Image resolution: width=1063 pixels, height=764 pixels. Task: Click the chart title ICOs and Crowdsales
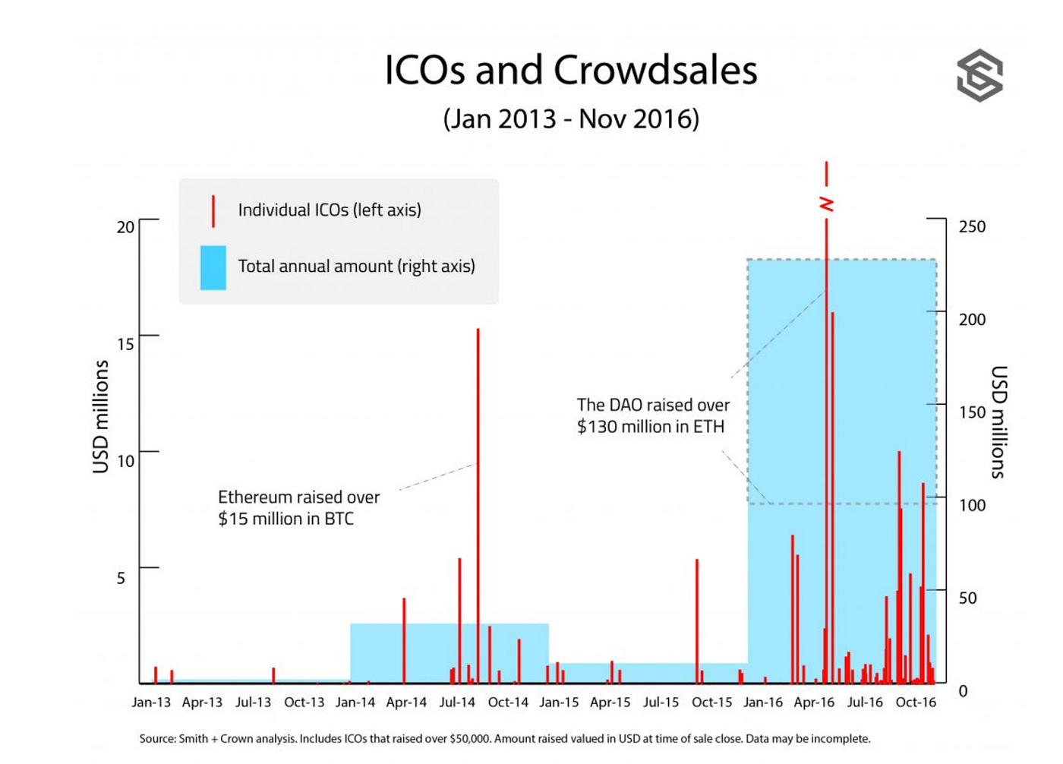[571, 70]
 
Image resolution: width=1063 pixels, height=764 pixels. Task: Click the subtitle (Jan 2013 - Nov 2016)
[571, 119]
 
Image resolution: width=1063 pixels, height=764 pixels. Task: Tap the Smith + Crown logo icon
[979, 75]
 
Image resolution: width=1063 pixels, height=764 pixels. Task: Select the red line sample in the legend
[213, 210]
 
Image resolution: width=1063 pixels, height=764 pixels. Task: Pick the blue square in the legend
[213, 267]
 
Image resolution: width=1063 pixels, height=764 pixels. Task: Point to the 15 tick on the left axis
[125, 344]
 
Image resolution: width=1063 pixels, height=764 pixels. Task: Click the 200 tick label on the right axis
[972, 320]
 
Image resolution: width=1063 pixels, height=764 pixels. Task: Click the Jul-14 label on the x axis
[457, 702]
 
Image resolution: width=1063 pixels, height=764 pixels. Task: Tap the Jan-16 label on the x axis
[762, 702]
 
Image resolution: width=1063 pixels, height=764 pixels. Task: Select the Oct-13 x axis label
[304, 702]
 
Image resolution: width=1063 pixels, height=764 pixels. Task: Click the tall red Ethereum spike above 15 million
[478, 456]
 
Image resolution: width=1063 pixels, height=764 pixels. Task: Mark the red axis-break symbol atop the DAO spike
[826, 204]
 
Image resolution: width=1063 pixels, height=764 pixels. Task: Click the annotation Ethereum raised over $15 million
[298, 507]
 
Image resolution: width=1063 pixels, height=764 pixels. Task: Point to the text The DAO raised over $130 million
[652, 415]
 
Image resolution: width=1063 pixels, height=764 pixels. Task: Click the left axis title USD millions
[101, 416]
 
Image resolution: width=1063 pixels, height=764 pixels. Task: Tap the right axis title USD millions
[998, 421]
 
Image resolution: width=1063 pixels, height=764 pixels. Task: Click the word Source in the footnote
[156, 738]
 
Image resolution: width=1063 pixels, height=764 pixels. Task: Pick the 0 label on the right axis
[963, 691]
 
